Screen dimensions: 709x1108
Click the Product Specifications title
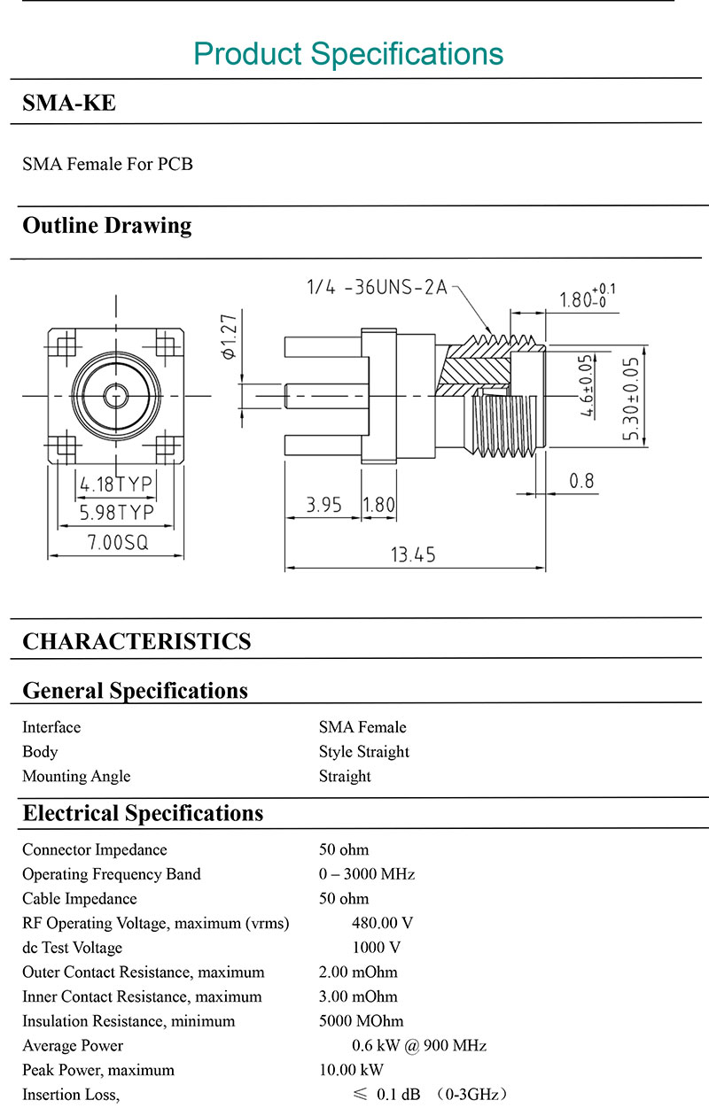(348, 54)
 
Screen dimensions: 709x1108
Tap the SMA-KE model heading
(69, 103)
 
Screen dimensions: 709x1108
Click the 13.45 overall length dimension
(413, 554)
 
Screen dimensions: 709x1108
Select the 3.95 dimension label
(323, 505)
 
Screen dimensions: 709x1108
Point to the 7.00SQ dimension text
(118, 543)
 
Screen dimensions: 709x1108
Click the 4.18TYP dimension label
(116, 484)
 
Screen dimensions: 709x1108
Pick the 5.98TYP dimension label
(117, 513)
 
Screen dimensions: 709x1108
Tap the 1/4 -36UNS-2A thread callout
(377, 287)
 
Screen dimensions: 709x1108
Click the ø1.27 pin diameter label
(230, 337)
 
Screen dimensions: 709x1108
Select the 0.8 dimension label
(581, 481)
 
